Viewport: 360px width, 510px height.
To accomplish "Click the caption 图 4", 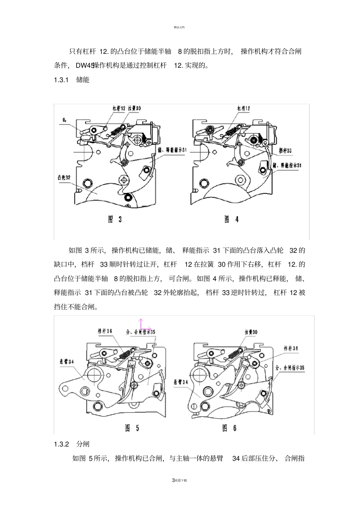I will coord(232,219).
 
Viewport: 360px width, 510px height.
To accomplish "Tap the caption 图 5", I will coord(132,428).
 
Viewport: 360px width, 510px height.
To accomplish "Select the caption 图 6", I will coord(230,428).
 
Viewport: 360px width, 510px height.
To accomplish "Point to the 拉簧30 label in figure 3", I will coord(135,108).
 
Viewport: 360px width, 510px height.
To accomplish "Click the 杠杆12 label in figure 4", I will coord(244,108).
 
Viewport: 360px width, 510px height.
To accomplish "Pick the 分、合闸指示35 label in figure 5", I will coord(141,331).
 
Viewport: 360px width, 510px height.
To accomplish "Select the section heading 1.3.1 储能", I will coord(72,80).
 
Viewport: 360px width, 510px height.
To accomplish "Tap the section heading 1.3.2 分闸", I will coord(72,444).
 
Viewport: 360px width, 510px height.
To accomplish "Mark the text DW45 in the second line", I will coord(85,66).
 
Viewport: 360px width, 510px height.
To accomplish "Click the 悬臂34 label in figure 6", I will coord(180,383).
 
